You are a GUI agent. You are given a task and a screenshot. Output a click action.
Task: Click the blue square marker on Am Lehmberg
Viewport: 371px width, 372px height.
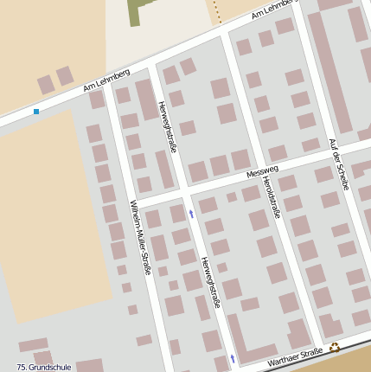[x=36, y=112]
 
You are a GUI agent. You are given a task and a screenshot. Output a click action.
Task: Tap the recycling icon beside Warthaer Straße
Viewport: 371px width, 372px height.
[x=335, y=348]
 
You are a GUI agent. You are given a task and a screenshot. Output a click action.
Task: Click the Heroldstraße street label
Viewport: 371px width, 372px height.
[x=271, y=196]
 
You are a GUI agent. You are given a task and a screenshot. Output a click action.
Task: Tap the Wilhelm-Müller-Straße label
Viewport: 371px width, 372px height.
[x=140, y=237]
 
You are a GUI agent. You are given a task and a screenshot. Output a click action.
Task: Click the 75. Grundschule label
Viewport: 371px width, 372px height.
[x=43, y=367]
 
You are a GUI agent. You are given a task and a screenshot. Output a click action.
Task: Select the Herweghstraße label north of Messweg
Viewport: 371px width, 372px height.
[x=168, y=126]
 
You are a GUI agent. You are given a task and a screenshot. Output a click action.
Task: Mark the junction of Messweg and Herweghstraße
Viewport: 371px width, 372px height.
[x=184, y=189]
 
